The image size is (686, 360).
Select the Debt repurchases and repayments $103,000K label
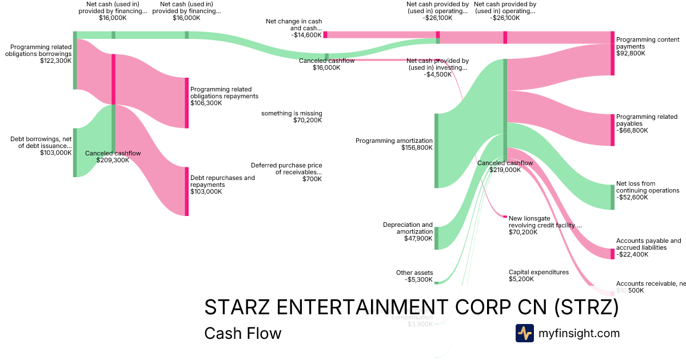(x=222, y=185)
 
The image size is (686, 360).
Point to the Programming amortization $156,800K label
(x=394, y=144)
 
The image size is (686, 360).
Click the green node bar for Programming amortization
(x=436, y=151)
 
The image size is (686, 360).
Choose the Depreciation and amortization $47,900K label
(x=408, y=231)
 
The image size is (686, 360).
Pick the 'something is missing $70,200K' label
(x=292, y=117)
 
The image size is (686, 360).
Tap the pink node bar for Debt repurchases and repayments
(x=186, y=191)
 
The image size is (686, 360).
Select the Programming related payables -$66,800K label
(x=647, y=123)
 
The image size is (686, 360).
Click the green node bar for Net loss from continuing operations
(x=612, y=197)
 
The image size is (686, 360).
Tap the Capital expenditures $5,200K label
(x=539, y=275)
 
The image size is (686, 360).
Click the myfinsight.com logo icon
(x=524, y=333)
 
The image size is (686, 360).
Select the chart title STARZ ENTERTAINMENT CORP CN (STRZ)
(x=411, y=307)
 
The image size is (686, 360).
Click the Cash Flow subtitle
(x=242, y=333)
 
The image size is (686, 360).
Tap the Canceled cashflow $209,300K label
(x=113, y=157)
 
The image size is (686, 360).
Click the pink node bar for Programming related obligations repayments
(x=186, y=103)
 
